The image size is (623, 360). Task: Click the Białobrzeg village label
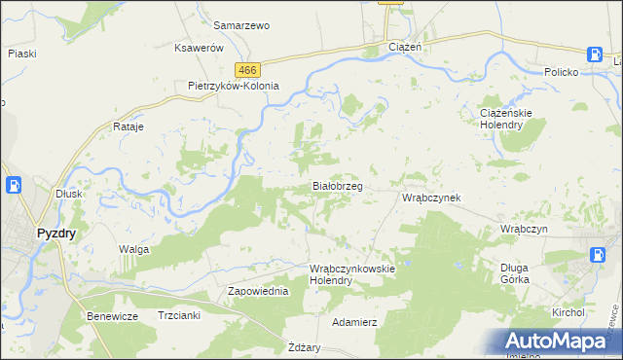click(x=337, y=185)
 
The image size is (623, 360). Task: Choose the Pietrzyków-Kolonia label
click(x=234, y=86)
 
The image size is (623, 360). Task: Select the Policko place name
click(x=562, y=73)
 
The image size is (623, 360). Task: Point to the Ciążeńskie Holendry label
click(x=505, y=118)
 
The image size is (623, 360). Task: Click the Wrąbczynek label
click(x=431, y=198)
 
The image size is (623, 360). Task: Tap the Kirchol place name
click(x=568, y=312)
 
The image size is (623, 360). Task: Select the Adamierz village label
click(x=354, y=321)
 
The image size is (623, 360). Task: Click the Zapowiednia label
click(x=258, y=291)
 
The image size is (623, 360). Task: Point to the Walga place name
click(x=133, y=250)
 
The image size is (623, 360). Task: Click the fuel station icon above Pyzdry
click(x=15, y=184)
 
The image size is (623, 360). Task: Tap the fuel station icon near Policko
click(x=595, y=55)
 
